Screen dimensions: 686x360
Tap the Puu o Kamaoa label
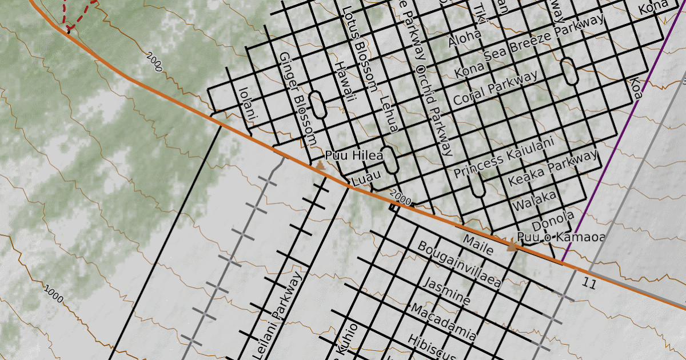pyautogui.click(x=560, y=237)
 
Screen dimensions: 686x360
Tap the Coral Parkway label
pyautogui.click(x=495, y=88)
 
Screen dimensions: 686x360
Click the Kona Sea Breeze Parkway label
pyautogui.click(x=529, y=47)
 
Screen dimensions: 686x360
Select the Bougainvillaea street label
pyautogui.click(x=459, y=264)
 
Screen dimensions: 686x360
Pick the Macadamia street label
pyautogui.click(x=443, y=323)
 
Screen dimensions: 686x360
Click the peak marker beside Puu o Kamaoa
pyautogui.click(x=512, y=246)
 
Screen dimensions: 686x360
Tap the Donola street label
pyautogui.click(x=552, y=221)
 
